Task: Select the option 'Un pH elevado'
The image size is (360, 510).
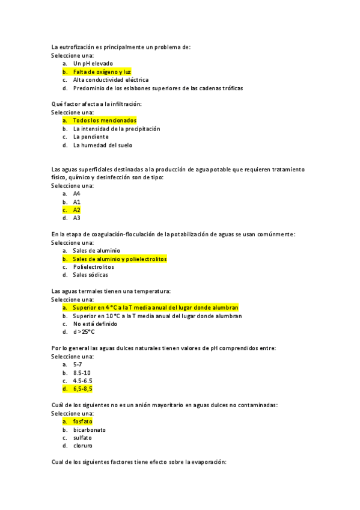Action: (93, 63)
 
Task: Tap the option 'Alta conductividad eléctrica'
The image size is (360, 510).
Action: (111, 79)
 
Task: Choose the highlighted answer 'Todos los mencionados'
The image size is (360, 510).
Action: (105, 120)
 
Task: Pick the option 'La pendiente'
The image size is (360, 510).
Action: (91, 137)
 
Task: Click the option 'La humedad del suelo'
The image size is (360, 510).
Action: (102, 145)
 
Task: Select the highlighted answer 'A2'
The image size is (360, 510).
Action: (77, 210)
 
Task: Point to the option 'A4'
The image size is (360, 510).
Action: (77, 194)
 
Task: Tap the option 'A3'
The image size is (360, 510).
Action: (77, 218)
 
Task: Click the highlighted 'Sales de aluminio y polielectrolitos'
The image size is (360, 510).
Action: (120, 259)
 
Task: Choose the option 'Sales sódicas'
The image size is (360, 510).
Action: (90, 275)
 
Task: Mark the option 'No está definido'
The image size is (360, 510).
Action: (95, 324)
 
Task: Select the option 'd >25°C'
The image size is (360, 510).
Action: (84, 332)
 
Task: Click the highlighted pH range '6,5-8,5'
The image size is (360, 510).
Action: (83, 389)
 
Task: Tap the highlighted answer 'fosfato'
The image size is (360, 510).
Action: (83, 422)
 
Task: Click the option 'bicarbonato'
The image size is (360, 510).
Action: (90, 429)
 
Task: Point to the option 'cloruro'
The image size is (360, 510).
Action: (83, 446)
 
